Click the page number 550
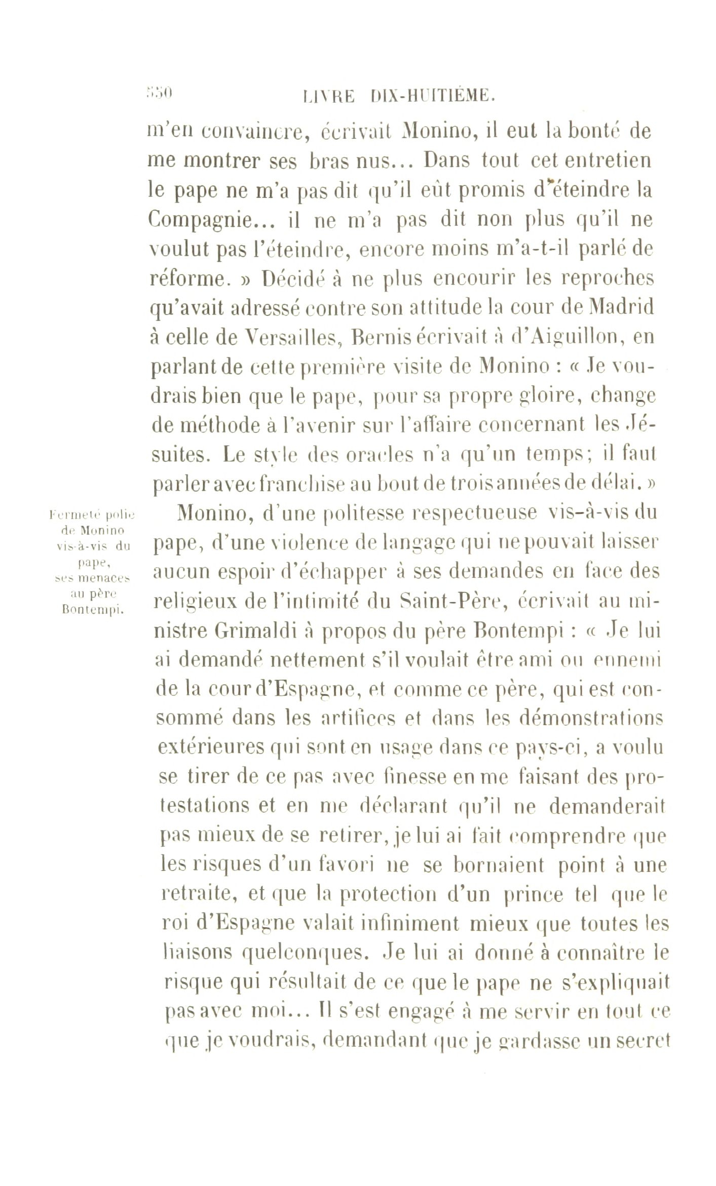pyautogui.click(x=159, y=93)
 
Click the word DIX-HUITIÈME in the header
pyautogui.click(x=431, y=95)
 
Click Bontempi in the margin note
pyautogui.click(x=91, y=610)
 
